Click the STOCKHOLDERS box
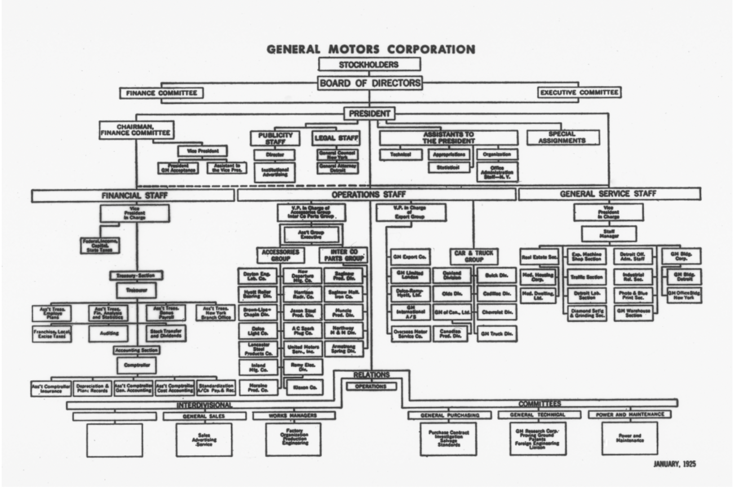pos(369,64)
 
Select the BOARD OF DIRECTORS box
pos(369,83)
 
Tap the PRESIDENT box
pos(369,114)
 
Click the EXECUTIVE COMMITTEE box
pos(579,92)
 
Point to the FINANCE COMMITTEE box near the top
pos(161,92)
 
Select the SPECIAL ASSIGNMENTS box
pos(563,137)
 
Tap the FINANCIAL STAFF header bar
pos(133,195)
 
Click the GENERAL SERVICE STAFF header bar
pos(609,194)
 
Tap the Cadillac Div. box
pos(496,294)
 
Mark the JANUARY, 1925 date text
pos(675,464)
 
